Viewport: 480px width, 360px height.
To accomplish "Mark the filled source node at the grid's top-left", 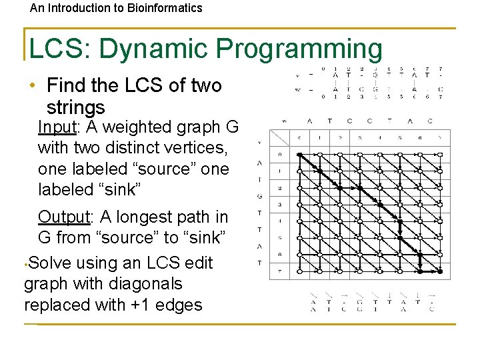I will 299,155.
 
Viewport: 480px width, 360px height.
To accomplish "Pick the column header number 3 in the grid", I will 359,137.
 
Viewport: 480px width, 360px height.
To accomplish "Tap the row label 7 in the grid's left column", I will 279,271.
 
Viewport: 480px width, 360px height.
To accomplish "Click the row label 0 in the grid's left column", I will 279,155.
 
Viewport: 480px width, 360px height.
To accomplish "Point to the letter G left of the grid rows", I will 259,196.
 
